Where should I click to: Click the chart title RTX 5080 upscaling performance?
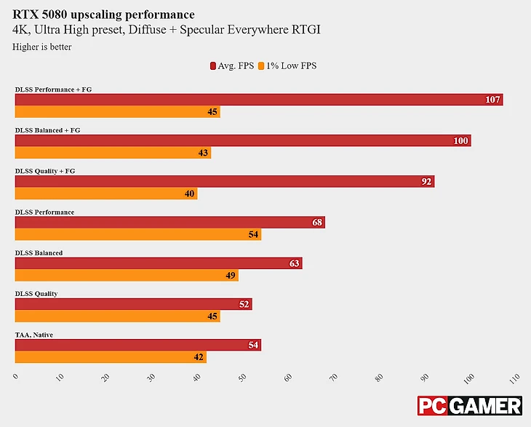(x=103, y=15)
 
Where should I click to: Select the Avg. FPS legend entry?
(x=231, y=65)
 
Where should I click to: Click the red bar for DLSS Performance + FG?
(x=258, y=100)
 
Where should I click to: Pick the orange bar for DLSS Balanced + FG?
(x=113, y=153)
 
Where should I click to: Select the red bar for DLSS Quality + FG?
(x=224, y=181)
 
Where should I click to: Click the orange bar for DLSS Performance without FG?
(x=137, y=234)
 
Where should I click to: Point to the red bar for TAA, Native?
(x=137, y=345)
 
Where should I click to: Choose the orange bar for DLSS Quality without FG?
(x=117, y=316)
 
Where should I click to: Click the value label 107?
(x=493, y=100)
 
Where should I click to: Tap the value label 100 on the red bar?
(x=460, y=140)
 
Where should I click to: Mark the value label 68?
(x=317, y=222)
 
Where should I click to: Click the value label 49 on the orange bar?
(x=231, y=275)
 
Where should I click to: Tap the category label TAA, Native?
(x=34, y=335)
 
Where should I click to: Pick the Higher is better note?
(x=42, y=47)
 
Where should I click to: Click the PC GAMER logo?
(x=469, y=405)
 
